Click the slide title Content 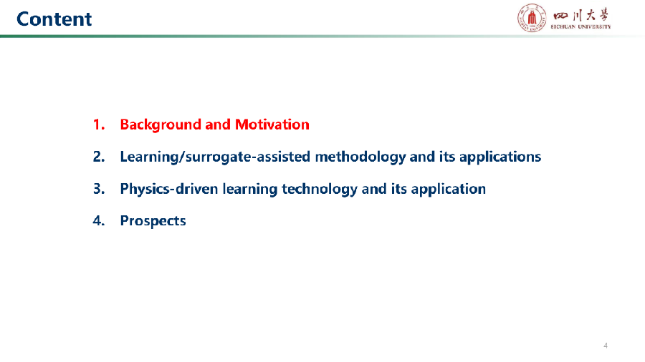coord(54,19)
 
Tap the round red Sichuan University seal coord(532,18)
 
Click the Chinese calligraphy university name coord(580,16)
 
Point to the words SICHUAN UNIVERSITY coord(580,26)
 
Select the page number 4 coord(606,346)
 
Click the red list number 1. coord(99,124)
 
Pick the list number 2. coord(99,157)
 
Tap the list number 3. coord(99,188)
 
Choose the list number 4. coord(99,220)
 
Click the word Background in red coord(161,124)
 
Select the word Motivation coord(272,124)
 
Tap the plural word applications coord(500,157)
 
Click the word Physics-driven coord(169,189)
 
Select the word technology coord(319,189)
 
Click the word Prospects coord(153,221)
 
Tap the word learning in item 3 coord(249,189)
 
